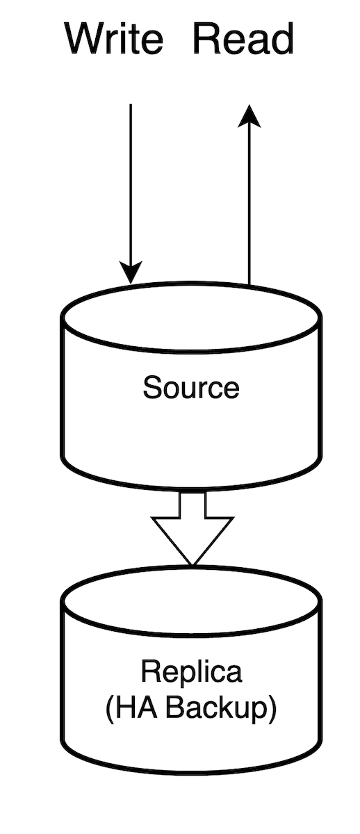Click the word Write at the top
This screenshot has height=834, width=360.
[114, 38]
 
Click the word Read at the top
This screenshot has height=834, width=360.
[244, 38]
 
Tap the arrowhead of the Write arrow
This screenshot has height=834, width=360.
[131, 272]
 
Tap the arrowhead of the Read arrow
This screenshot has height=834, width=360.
[249, 116]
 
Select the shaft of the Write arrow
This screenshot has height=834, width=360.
[131, 183]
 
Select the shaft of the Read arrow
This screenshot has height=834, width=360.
[249, 206]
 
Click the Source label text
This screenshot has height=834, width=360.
[191, 388]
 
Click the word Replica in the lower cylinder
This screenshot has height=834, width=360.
[191, 671]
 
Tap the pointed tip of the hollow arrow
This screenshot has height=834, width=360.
[193, 565]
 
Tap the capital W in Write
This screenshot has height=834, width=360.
[86, 38]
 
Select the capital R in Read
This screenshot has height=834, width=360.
[208, 38]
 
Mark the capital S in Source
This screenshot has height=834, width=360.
[152, 388]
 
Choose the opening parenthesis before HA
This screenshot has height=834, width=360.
[109, 708]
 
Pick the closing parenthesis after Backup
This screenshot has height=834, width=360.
[272, 708]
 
